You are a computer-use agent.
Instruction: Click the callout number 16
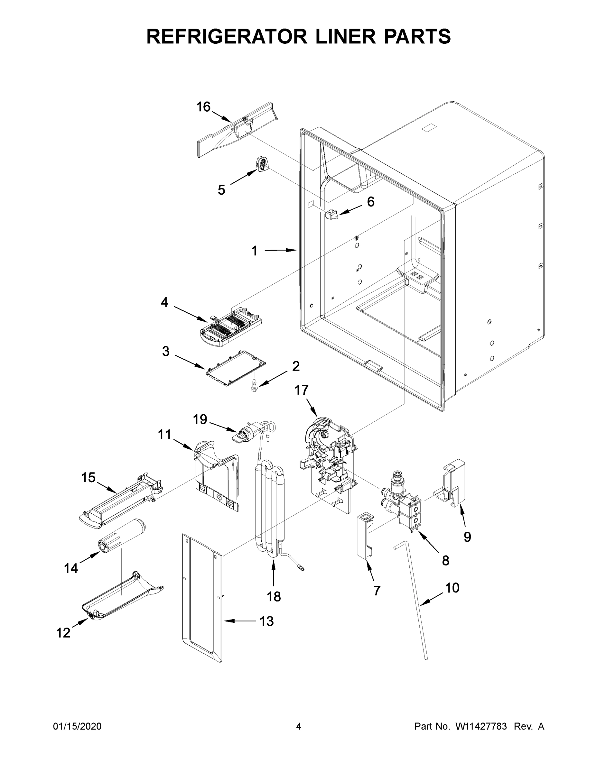click(203, 107)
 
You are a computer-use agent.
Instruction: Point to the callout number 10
click(452, 587)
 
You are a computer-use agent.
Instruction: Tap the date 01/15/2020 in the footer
click(77, 726)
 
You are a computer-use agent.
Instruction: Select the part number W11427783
click(481, 726)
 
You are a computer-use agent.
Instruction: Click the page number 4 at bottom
click(299, 726)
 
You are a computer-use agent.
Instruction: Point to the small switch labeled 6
click(332, 214)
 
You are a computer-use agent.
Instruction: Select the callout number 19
click(200, 419)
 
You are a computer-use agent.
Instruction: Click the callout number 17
click(301, 390)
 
